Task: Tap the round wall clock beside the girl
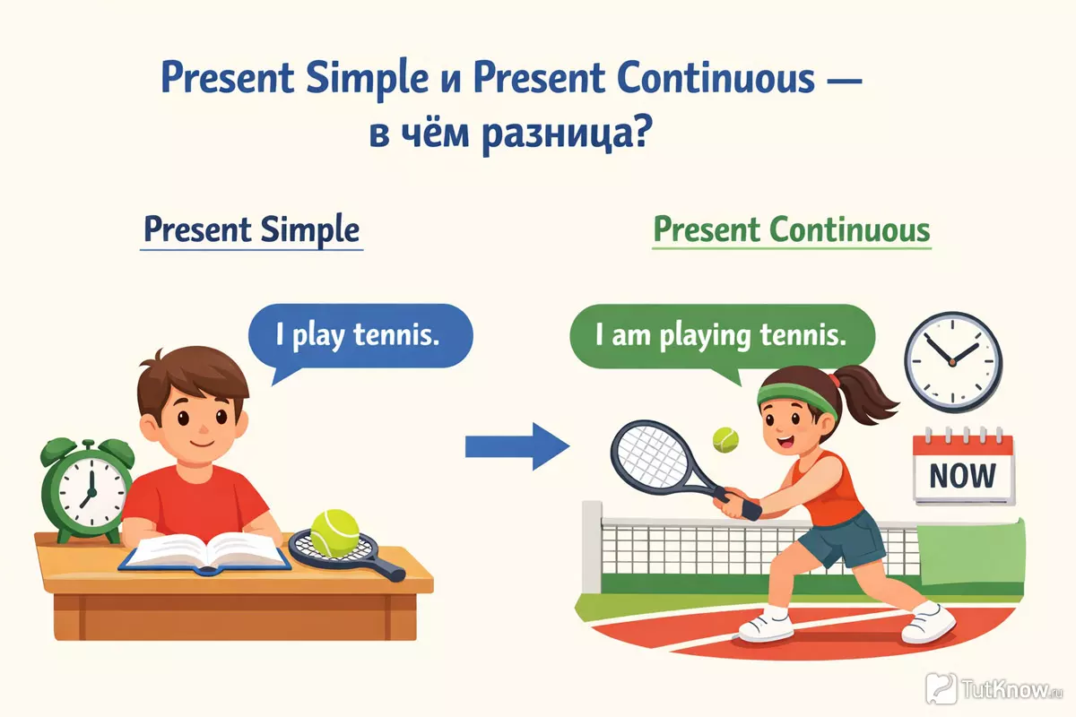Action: point(953,361)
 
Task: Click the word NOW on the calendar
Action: point(963,476)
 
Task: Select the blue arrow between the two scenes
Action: point(517,446)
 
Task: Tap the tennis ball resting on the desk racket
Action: point(334,533)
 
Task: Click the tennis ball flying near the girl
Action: point(725,440)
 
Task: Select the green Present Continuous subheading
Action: point(792,230)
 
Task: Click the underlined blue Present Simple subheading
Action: point(252,230)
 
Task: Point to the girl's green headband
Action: point(796,399)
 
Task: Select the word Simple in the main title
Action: point(367,78)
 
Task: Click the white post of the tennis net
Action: point(592,548)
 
